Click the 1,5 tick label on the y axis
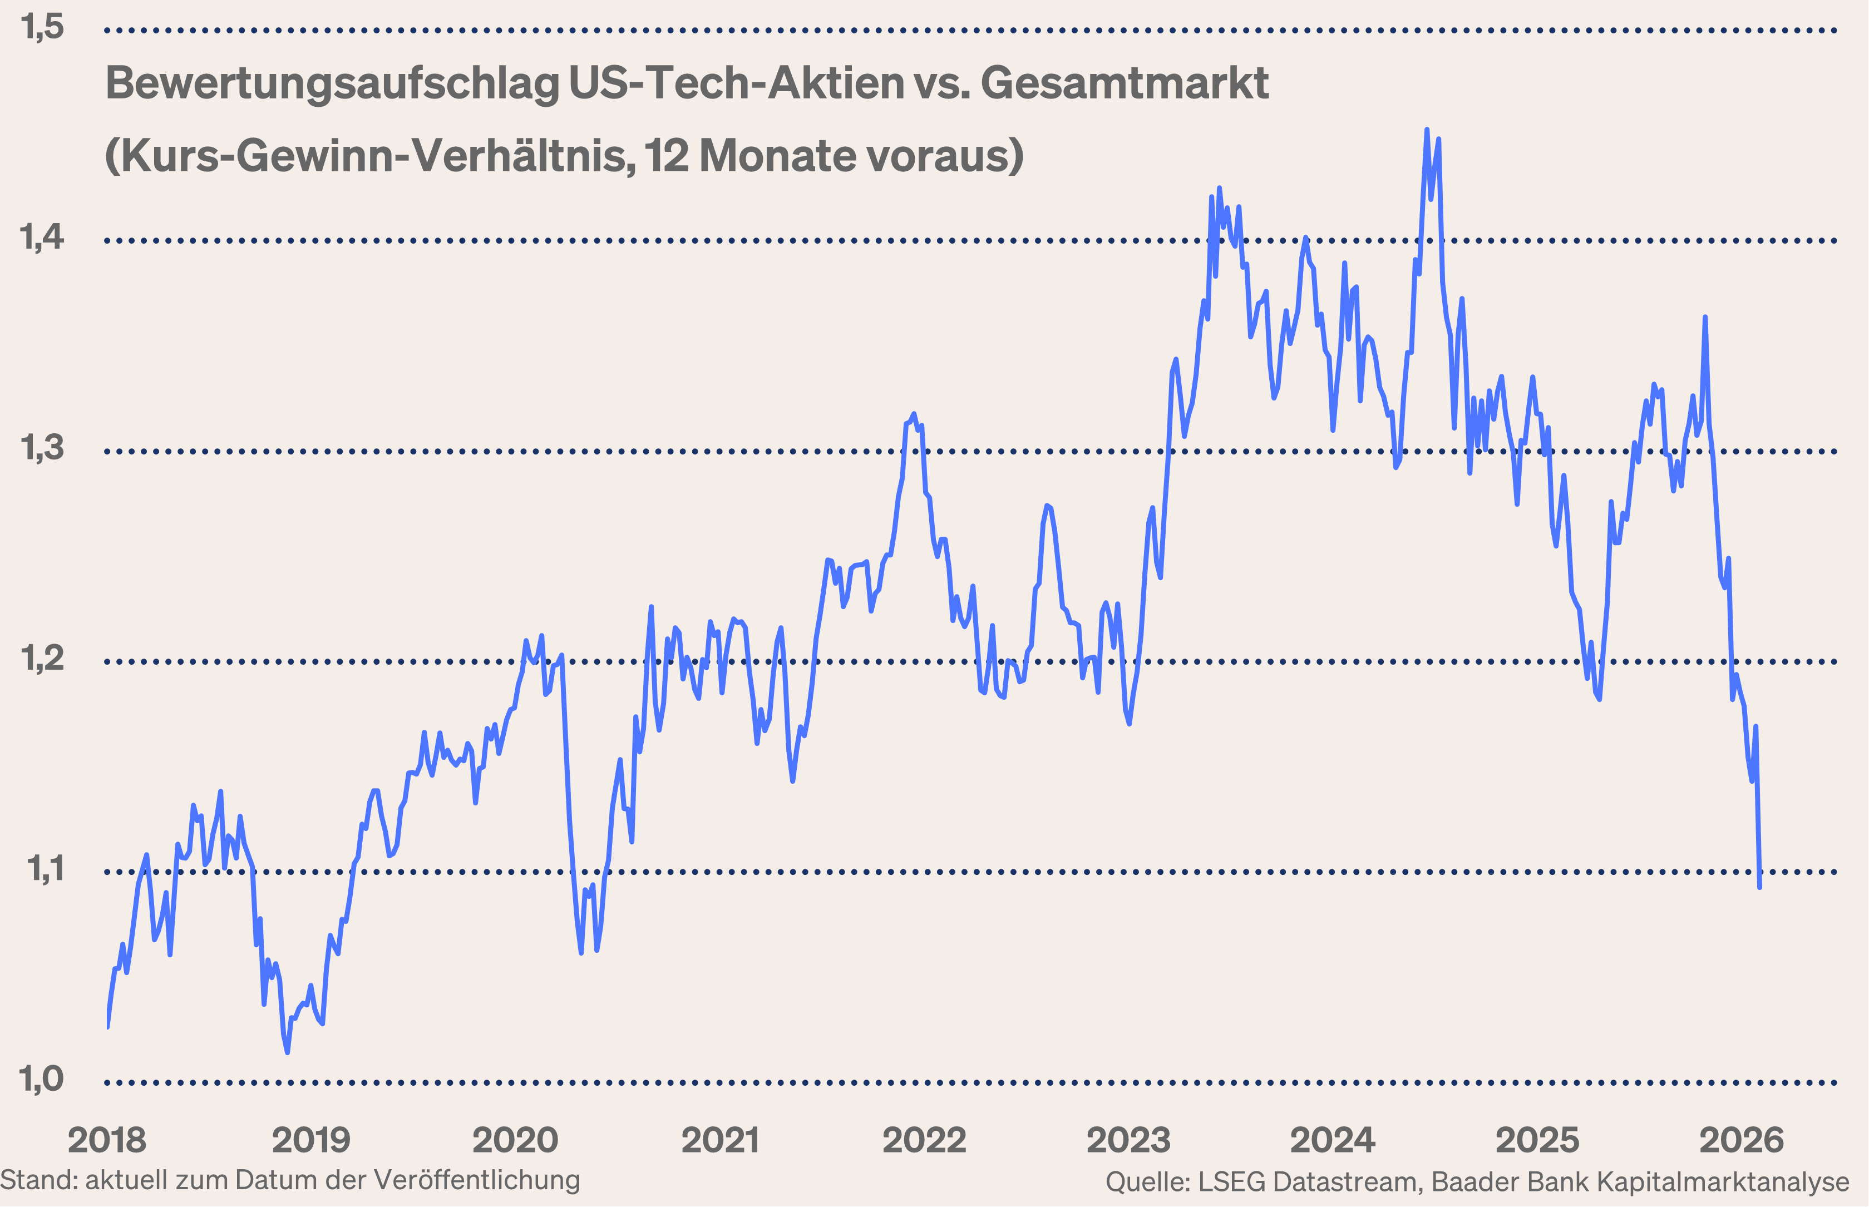tap(42, 27)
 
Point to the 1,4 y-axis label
tap(42, 238)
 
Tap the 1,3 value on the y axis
tap(42, 448)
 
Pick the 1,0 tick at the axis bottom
tap(42, 1079)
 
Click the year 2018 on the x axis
tap(107, 1140)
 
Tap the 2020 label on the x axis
tap(515, 1140)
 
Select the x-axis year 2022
tap(924, 1140)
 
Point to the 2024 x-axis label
tap(1333, 1140)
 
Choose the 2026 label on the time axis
tap(1741, 1140)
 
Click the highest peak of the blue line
tap(1426, 130)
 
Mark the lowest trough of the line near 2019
tap(288, 1052)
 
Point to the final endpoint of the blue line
tap(1760, 887)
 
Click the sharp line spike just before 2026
tap(1705, 318)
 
